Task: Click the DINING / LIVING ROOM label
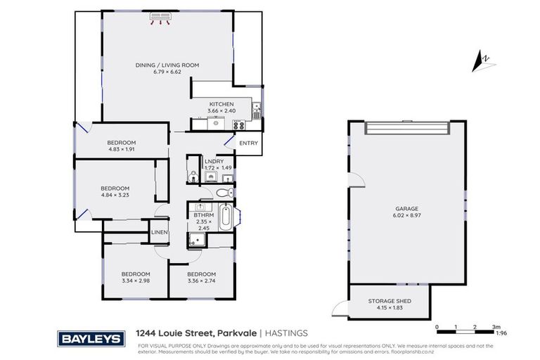point(167,65)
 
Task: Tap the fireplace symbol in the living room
point(162,21)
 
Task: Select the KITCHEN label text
point(221,104)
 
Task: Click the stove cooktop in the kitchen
point(238,125)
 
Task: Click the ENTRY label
point(248,143)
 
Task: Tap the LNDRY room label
point(214,161)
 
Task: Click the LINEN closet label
point(159,233)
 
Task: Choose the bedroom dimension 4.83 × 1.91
point(122,150)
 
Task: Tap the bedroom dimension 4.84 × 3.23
point(115,195)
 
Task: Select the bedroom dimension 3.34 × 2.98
point(136,281)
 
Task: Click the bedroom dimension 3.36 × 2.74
point(201,281)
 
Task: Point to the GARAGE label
point(406,209)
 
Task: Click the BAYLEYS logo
point(93,339)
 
